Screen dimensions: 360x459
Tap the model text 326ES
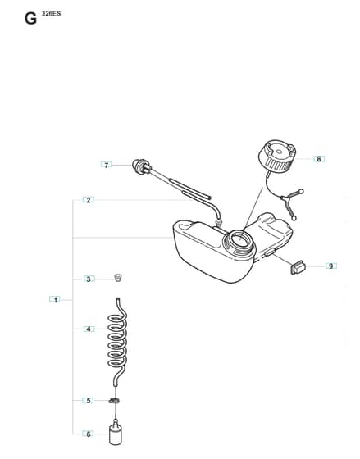click(x=52, y=13)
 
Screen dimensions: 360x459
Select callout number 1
click(x=55, y=299)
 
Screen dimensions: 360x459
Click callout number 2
click(x=89, y=200)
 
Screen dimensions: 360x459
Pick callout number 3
click(x=89, y=279)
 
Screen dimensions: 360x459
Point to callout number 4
click(x=89, y=329)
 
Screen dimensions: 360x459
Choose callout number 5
click(x=89, y=400)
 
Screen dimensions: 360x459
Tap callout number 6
click(x=89, y=434)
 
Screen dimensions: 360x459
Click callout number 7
click(x=106, y=165)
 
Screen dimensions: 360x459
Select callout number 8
click(x=319, y=159)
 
